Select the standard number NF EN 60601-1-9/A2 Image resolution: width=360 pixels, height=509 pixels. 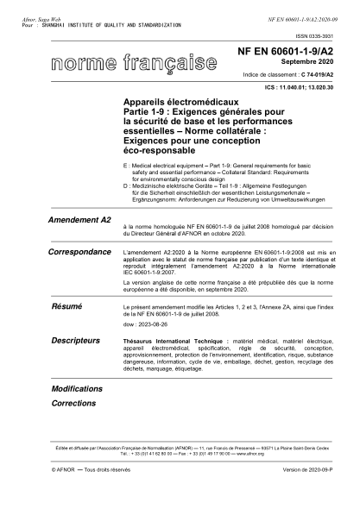pos(286,53)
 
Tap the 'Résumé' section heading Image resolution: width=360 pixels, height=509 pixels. pos(66,306)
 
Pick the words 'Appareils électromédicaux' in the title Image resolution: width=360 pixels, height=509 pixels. pos(174,101)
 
